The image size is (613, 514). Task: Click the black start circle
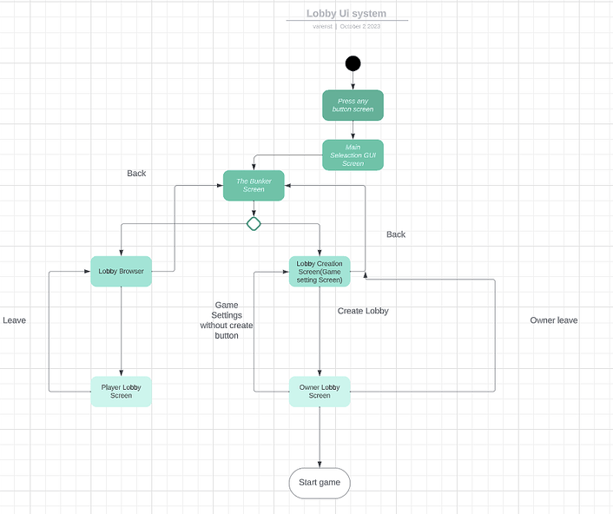coord(353,63)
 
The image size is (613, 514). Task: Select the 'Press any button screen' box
coord(353,105)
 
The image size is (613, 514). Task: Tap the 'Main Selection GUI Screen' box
coord(353,155)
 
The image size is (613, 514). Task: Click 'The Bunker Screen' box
coord(254,185)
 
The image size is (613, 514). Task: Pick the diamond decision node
coord(254,224)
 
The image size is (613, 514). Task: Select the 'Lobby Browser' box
coord(121,271)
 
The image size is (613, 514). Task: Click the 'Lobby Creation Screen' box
coord(320,271)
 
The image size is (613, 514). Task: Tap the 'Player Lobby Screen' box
coord(121,392)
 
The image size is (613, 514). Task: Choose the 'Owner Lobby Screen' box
coord(320,392)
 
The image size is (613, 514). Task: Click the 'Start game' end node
coord(320,483)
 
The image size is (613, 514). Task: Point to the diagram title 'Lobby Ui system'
coord(346,13)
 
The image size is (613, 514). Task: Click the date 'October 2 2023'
coord(359,27)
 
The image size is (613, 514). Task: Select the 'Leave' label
coord(15,320)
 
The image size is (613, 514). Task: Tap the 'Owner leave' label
coord(554,320)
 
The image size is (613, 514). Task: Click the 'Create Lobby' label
coord(363,311)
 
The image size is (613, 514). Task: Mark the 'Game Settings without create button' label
coord(227,320)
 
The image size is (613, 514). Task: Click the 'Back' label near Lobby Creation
coord(396,234)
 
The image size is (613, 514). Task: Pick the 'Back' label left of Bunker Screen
coord(136,174)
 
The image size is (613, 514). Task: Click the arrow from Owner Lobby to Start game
coord(320,438)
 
